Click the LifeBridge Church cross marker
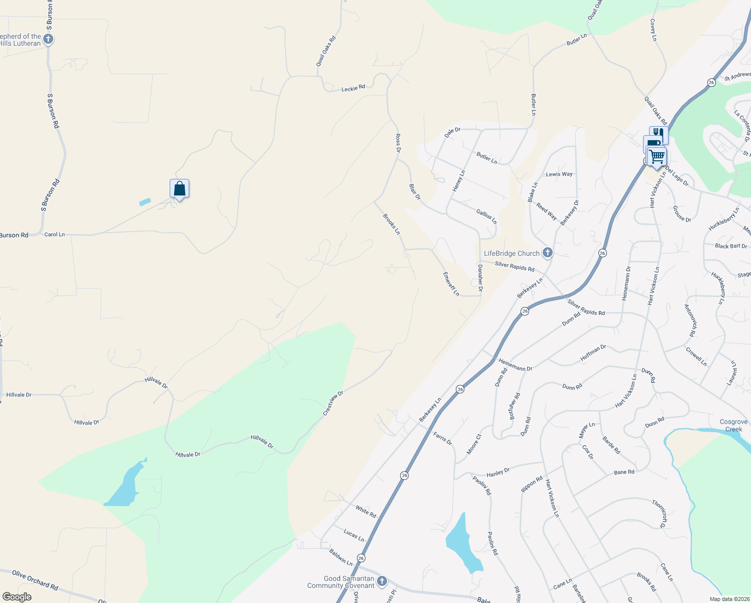548,253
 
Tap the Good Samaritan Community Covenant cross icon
382,581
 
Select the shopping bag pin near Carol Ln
179,189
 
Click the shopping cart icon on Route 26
657,156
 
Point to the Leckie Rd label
353,88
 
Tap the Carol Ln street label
54,235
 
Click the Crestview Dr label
333,403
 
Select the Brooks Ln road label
392,224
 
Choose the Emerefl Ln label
451,284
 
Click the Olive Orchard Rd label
35,579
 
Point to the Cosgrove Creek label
733,425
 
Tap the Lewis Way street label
559,174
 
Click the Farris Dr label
442,438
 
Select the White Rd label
365,512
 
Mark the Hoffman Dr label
593,353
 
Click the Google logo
17,597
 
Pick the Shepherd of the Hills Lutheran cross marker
48,39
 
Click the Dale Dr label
452,133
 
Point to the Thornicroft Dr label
660,514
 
